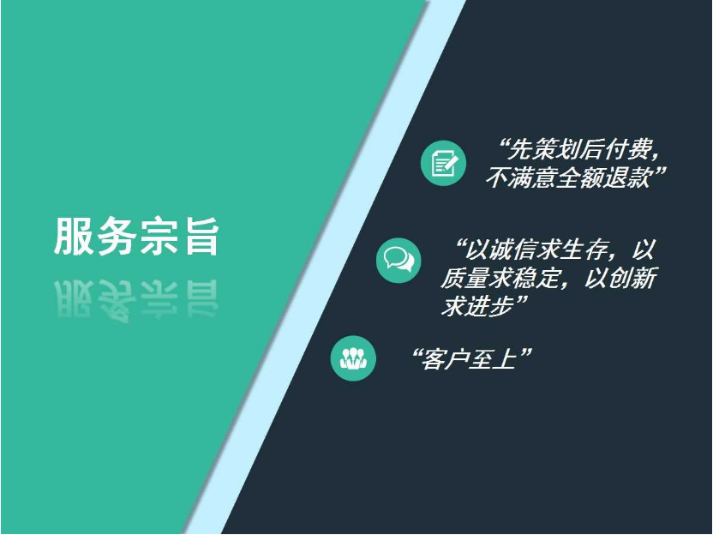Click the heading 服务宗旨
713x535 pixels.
(136, 237)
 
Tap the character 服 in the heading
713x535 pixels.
(73, 237)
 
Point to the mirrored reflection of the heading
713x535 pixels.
(136, 300)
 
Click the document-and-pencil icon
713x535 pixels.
(443, 163)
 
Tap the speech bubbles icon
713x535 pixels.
(398, 261)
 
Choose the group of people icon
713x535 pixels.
(353, 358)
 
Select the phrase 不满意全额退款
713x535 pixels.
(568, 177)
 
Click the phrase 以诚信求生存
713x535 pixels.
(537, 249)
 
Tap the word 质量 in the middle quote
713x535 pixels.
(464, 278)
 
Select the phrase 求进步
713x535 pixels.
(476, 306)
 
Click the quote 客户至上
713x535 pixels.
(470, 359)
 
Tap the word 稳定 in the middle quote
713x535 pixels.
(534, 278)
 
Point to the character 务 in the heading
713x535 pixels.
(116, 237)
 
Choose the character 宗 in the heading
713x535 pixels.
(159, 237)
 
